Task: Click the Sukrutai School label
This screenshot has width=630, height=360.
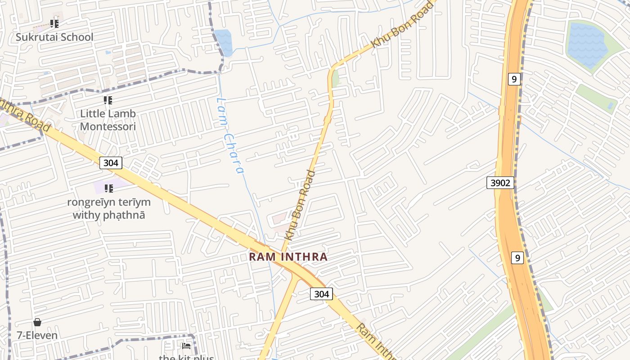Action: click(54, 37)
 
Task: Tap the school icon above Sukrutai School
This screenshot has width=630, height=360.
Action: click(54, 23)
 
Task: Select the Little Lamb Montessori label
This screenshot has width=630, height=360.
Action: click(108, 120)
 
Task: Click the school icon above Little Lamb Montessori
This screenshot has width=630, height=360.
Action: click(108, 100)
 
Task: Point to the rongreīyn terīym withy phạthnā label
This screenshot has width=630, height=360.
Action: click(109, 208)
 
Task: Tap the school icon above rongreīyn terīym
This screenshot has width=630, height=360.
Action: click(108, 188)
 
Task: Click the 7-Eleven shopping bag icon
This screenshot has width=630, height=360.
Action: click(37, 322)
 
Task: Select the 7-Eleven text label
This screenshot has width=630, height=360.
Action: click(37, 335)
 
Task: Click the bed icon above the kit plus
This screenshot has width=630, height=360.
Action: click(186, 346)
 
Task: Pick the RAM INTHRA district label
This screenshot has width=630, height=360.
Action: click(288, 257)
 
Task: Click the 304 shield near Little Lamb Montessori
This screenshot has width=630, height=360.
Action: click(111, 163)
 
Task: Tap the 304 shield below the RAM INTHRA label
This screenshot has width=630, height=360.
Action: click(321, 294)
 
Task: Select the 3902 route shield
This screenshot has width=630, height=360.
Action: click(500, 183)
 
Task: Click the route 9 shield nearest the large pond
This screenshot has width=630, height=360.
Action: click(514, 79)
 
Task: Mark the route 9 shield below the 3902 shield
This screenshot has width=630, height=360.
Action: click(517, 258)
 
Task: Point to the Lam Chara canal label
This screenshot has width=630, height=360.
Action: click(230, 135)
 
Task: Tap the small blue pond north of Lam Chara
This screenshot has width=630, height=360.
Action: click(224, 42)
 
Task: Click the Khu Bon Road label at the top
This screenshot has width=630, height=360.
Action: click(401, 25)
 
